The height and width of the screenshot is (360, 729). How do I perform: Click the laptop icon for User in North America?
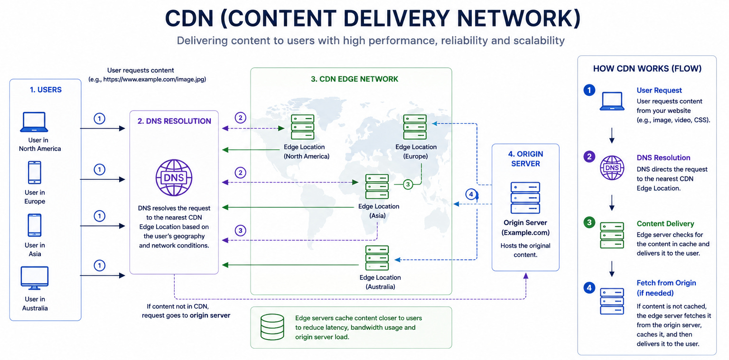point(34,122)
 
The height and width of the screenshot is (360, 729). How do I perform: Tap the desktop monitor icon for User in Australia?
point(35,278)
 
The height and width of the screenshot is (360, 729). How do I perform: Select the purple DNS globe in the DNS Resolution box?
point(174,177)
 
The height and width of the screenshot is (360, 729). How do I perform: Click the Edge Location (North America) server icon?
point(303,127)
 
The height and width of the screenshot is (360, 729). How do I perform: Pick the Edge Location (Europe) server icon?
point(415,127)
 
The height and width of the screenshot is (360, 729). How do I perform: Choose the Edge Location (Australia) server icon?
point(377,258)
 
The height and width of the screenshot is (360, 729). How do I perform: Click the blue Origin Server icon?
point(525,198)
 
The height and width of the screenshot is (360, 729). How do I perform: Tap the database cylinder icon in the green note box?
point(272,327)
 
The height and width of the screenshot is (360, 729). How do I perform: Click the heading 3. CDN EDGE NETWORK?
point(355,79)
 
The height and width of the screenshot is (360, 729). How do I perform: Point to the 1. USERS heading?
point(46,90)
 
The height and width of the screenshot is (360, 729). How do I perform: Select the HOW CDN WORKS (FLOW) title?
point(647,69)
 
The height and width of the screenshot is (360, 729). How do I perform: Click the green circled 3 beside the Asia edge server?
point(408,185)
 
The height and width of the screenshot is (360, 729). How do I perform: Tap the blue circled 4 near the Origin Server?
point(471,194)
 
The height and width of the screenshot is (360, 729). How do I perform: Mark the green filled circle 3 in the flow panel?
point(589,222)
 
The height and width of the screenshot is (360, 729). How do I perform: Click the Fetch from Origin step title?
point(666,288)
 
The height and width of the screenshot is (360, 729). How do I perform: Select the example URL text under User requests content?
point(147,79)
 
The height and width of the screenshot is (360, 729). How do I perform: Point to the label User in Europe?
point(35,197)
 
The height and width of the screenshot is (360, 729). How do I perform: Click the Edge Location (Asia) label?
point(378,211)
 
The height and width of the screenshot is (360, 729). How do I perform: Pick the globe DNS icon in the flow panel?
point(612,168)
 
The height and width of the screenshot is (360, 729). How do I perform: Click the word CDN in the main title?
point(189,18)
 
